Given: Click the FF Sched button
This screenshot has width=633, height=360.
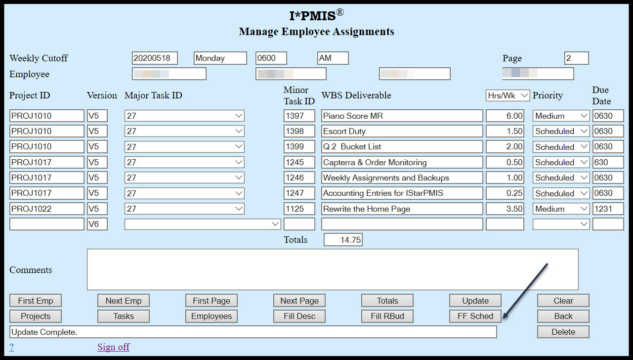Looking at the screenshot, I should coord(475,316).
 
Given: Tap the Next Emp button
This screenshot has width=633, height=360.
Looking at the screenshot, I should coord(123,301).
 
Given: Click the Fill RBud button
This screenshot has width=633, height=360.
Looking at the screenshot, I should coord(387,316).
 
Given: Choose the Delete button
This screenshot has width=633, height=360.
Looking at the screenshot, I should coord(563,332).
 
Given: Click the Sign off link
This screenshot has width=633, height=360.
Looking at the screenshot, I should coord(113,347).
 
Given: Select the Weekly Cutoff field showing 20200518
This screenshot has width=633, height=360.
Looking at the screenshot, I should coord(154,58).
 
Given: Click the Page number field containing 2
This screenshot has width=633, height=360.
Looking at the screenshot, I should coord(576,58).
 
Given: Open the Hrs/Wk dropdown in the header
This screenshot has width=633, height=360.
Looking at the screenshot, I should coord(507,95).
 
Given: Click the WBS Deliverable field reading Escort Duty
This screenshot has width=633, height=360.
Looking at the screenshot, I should coord(401,131).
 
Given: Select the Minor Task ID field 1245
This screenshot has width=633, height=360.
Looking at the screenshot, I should coord(299,162).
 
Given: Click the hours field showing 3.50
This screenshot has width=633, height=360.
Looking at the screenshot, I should coord(505,209).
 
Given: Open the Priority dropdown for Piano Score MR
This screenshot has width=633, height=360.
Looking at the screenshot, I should coord(561,116).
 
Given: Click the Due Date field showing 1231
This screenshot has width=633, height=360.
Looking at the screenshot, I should coord(607,209).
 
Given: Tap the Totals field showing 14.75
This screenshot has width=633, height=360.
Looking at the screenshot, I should coord(343,240).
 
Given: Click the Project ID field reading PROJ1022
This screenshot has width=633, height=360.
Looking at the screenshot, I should coord(46,209).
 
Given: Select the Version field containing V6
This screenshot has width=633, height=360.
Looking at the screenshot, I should coord(97,224).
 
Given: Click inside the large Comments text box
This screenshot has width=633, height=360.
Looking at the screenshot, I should coord(332,270).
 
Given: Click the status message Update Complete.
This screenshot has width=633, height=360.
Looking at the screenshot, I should coord(253,332).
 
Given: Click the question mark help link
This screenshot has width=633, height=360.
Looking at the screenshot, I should coord(11,347).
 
